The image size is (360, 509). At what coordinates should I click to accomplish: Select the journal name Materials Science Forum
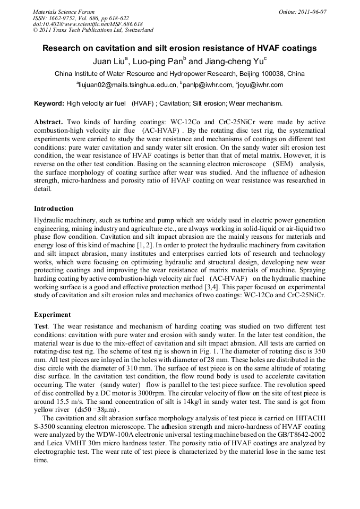coord(64,12)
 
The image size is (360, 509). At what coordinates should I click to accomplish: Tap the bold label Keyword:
coord(49,103)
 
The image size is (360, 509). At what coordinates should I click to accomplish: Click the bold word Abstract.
coord(50,122)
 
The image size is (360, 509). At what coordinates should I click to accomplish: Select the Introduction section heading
coord(54,209)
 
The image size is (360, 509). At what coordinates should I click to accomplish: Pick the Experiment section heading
coord(52,314)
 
